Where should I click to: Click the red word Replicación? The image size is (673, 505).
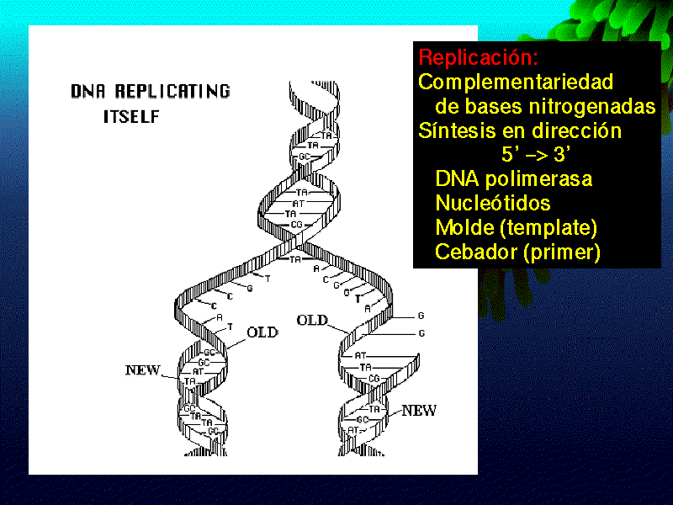point(477,59)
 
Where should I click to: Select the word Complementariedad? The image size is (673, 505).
point(515,82)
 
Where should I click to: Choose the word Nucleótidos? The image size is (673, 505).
point(493,204)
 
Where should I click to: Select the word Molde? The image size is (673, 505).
point(461,228)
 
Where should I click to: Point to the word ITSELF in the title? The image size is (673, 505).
point(131,117)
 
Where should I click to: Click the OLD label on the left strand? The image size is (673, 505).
point(262,332)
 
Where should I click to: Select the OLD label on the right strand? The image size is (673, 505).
point(312,320)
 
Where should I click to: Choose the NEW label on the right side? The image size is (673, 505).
point(419,411)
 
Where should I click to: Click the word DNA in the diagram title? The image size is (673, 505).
point(89,91)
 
